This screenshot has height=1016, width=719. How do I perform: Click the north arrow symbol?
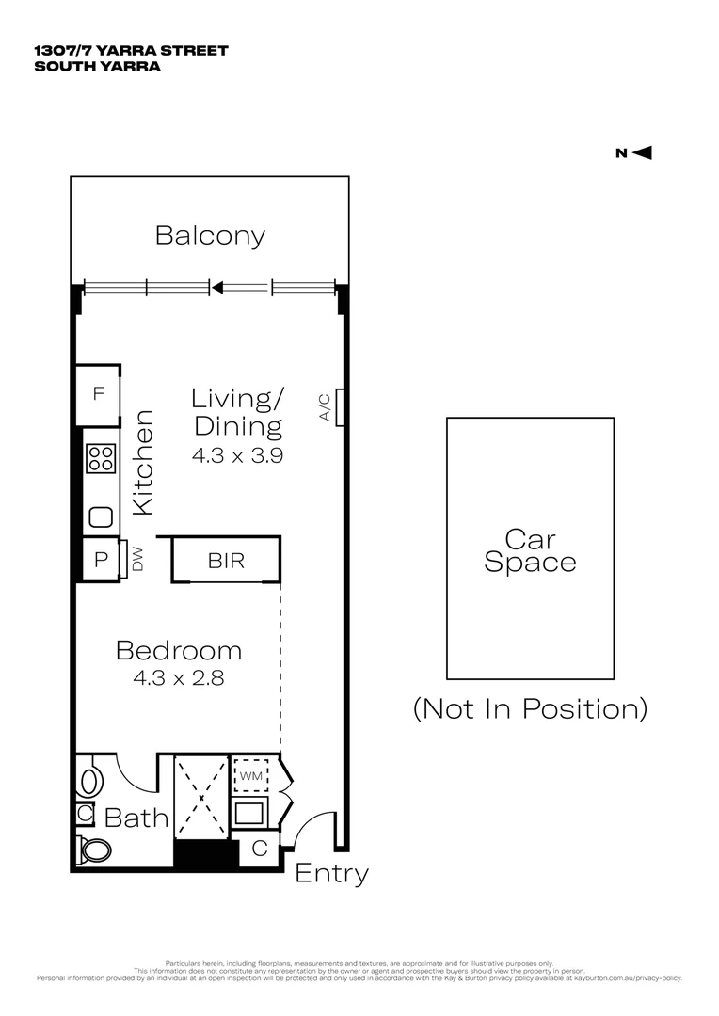pyautogui.click(x=643, y=153)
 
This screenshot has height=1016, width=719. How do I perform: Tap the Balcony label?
pyautogui.click(x=210, y=235)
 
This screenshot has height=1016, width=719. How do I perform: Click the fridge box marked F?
pyautogui.click(x=97, y=394)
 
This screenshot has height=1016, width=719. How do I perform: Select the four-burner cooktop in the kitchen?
pyautogui.click(x=100, y=459)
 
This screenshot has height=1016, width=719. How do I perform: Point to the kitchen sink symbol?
pyautogui.click(x=100, y=516)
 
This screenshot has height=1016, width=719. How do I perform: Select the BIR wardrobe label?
pyautogui.click(x=226, y=562)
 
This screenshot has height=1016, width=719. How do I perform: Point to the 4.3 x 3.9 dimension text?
pyautogui.click(x=237, y=455)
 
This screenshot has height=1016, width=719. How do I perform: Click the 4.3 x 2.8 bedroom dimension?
pyautogui.click(x=178, y=676)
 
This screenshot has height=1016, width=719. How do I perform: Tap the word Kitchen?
pyautogui.click(x=142, y=462)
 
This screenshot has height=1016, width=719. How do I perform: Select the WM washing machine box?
pyautogui.click(x=249, y=776)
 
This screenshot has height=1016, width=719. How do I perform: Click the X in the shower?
pyautogui.click(x=202, y=798)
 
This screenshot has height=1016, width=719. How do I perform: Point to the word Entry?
pyautogui.click(x=331, y=874)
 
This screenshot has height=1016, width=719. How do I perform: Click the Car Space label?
pyautogui.click(x=529, y=551)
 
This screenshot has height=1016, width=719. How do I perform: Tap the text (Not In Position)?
pyautogui.click(x=530, y=708)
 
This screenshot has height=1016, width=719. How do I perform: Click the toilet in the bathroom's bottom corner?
pyautogui.click(x=95, y=849)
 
